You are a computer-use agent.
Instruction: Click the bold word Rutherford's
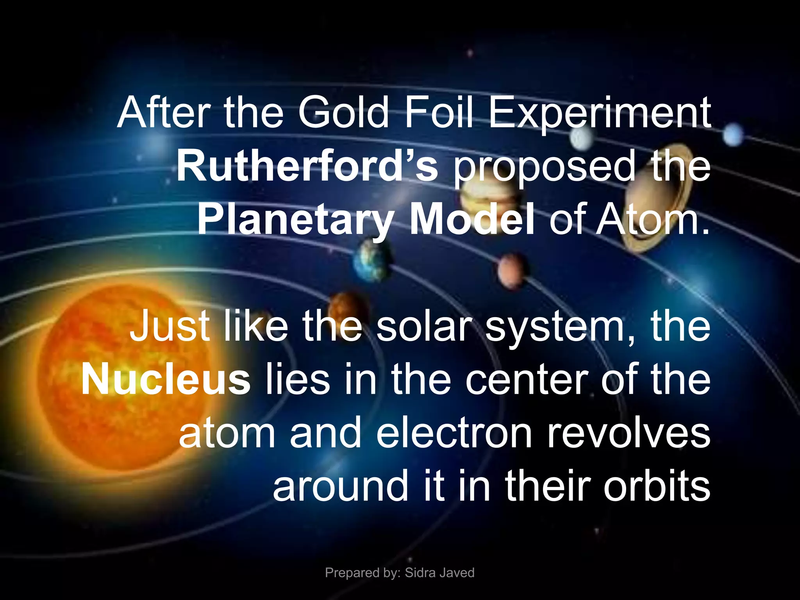307,166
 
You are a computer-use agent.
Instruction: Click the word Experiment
600,113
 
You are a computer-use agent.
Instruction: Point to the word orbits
656,486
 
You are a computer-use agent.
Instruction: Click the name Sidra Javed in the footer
439,573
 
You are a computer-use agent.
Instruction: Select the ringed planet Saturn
656,199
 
